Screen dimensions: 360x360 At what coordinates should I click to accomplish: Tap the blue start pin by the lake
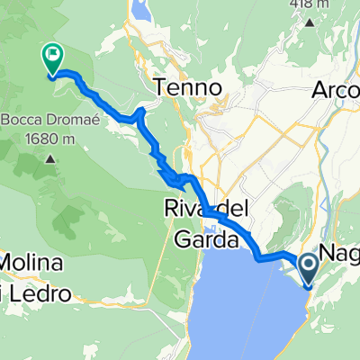pos(307,268)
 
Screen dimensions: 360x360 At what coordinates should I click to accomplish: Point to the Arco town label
pos(336,91)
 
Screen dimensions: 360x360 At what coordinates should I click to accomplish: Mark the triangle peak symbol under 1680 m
pos(48,160)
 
